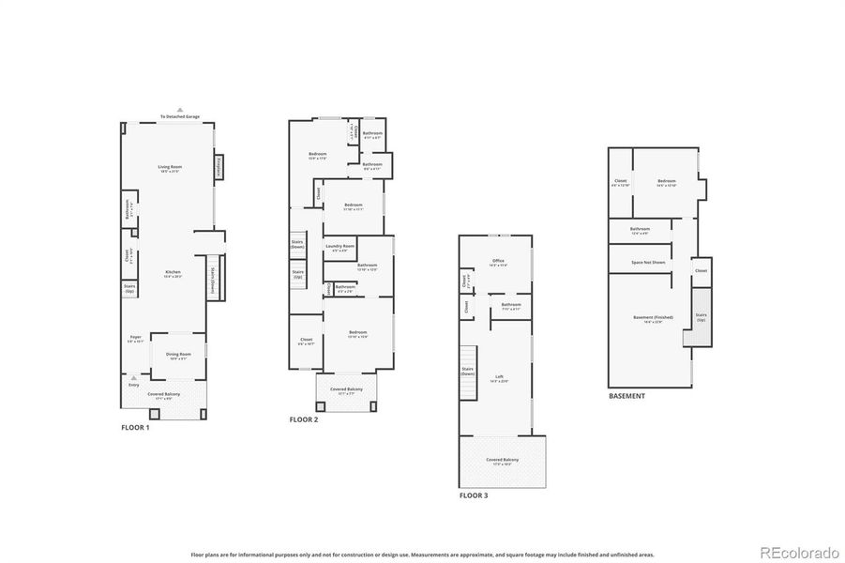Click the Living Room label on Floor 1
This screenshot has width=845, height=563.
[x=170, y=167]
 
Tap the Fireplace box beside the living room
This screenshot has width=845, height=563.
[x=219, y=167]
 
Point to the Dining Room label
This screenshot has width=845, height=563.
[x=178, y=355]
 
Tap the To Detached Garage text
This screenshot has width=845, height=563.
[x=180, y=116]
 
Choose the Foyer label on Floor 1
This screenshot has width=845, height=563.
[x=135, y=339]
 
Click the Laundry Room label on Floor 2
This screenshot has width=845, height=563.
[x=340, y=248]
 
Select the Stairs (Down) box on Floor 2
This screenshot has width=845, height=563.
[x=297, y=244]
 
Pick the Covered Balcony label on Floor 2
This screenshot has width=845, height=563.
[x=346, y=389]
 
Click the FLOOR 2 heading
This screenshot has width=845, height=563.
[x=304, y=419]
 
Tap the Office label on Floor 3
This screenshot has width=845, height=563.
[x=499, y=262]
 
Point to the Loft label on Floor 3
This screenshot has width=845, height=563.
[x=500, y=377]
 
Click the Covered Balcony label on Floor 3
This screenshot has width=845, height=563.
[x=502, y=460]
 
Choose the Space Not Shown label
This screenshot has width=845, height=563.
[x=648, y=262]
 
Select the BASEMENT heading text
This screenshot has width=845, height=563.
[x=626, y=396]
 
